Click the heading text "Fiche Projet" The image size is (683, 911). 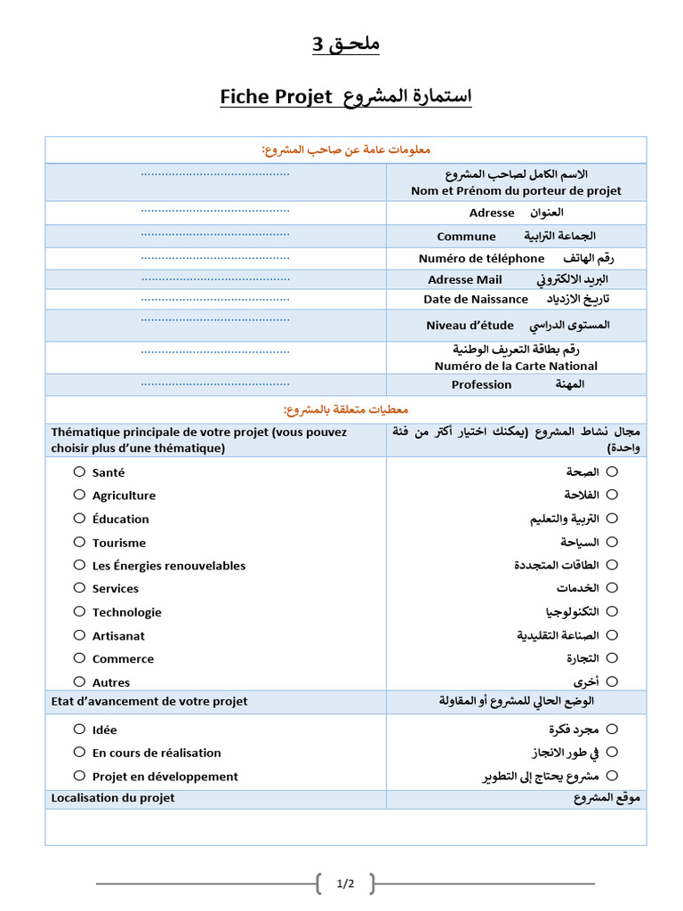click(x=276, y=96)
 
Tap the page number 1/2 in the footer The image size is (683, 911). click(x=345, y=883)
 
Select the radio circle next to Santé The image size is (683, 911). click(x=79, y=472)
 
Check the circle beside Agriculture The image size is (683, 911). click(x=79, y=495)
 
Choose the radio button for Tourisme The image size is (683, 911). click(x=79, y=542)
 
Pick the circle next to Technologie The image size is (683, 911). click(x=79, y=611)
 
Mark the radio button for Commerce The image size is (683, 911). click(x=79, y=658)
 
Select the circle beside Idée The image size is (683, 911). click(x=79, y=729)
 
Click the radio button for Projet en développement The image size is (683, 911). click(x=79, y=776)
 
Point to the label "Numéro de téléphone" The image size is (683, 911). click(x=481, y=258)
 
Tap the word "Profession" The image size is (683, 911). click(x=481, y=384)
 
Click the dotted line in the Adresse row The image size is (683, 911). click(x=215, y=211)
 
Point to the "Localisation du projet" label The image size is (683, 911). click(x=113, y=798)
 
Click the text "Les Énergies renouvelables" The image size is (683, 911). click(x=169, y=566)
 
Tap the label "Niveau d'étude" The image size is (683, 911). click(x=470, y=326)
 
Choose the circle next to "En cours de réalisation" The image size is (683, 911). click(x=79, y=752)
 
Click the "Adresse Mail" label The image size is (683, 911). click(x=465, y=279)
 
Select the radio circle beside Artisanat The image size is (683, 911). click(x=79, y=635)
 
